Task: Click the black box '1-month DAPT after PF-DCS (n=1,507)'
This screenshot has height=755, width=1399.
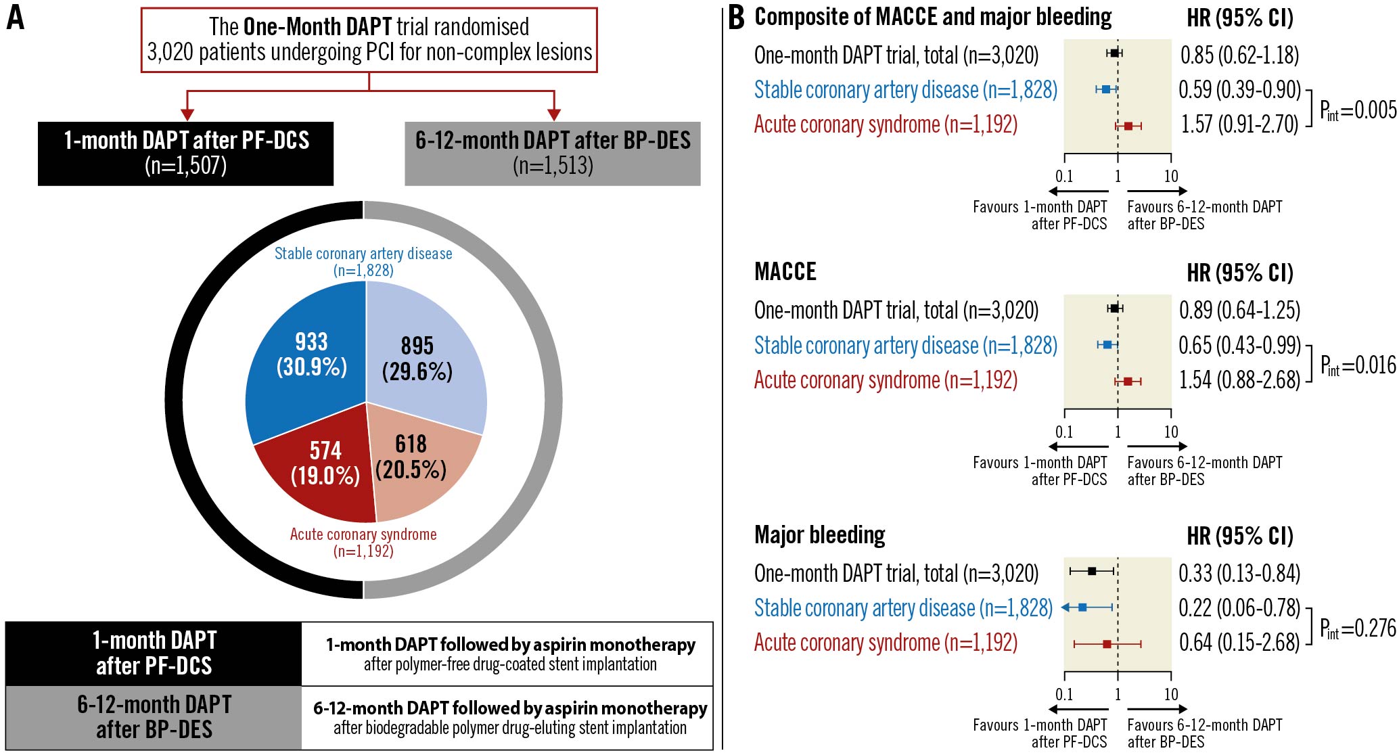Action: (x=185, y=154)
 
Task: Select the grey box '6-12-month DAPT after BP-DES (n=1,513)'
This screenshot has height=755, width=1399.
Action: (x=552, y=154)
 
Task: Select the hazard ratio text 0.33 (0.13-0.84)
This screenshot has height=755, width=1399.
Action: (x=1239, y=574)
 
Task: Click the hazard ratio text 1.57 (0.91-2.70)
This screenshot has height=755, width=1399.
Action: (x=1239, y=124)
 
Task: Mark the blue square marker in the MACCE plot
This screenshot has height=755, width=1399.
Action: (x=1107, y=345)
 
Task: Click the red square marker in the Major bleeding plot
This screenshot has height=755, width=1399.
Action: (x=1107, y=644)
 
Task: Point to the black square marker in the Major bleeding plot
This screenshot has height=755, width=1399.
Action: (x=1092, y=571)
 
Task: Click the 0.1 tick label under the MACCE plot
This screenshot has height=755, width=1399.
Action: (x=1064, y=432)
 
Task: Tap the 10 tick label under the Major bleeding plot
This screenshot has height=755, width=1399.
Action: (x=1171, y=694)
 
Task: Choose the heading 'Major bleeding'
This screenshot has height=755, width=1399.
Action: (x=819, y=535)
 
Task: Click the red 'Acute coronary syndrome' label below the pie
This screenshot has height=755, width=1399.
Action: (x=363, y=534)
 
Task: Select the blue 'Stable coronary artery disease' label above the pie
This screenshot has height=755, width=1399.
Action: (x=363, y=254)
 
